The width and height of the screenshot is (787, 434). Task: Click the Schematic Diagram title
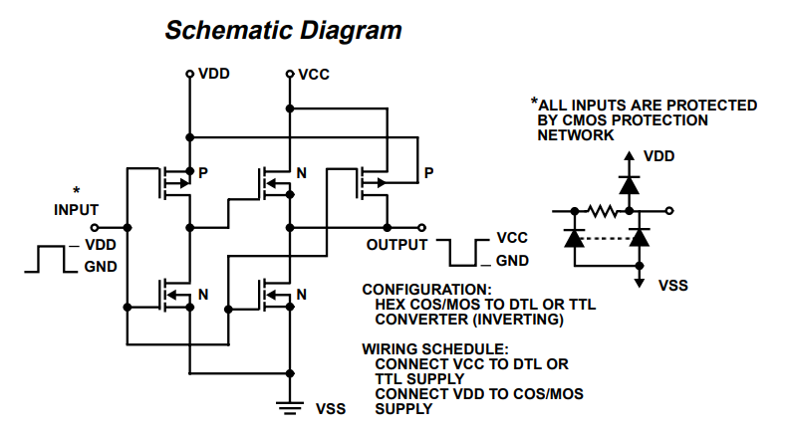coord(283,31)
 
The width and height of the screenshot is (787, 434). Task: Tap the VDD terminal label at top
coord(214,75)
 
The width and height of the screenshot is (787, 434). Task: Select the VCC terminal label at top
coord(314,75)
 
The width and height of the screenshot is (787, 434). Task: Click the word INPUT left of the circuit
coord(77,210)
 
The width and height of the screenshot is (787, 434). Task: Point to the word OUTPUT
coord(396,244)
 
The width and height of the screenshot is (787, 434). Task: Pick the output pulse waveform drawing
coord(463,252)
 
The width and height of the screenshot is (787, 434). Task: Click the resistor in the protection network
coord(603,211)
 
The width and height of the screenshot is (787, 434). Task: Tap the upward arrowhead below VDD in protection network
coord(629,157)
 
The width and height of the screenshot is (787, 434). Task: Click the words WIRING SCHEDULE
coord(434,349)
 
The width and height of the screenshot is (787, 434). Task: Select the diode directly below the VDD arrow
coord(629,184)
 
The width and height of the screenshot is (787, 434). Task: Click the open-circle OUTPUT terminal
coord(422,227)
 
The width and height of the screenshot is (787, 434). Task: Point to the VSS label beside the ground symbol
coord(331,408)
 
